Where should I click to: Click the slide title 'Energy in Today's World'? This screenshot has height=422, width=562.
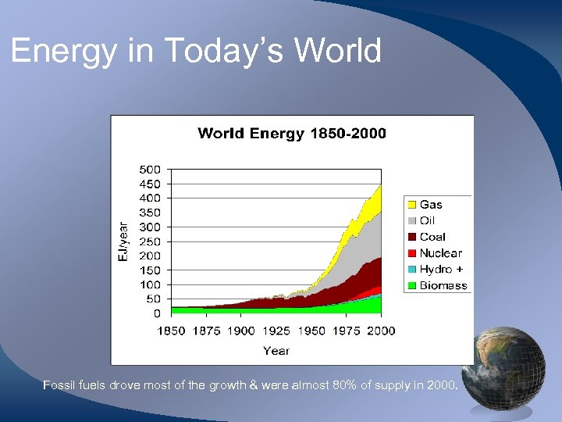click(196, 52)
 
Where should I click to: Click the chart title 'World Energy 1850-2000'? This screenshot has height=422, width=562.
click(292, 134)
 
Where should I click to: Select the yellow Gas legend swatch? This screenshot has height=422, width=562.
click(411, 205)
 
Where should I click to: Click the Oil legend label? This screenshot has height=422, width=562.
click(427, 221)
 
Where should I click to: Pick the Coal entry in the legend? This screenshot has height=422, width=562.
click(432, 237)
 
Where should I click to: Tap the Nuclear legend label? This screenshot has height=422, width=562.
click(440, 253)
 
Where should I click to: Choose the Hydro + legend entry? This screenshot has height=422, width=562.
click(441, 269)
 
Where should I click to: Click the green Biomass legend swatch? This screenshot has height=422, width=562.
click(411, 285)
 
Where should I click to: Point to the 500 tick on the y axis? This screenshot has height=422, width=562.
click(150, 170)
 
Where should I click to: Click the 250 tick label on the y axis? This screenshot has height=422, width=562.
click(150, 241)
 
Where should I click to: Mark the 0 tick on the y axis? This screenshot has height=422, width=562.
click(156, 313)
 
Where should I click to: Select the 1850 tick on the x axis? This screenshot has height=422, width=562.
click(171, 331)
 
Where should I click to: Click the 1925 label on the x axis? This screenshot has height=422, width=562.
click(276, 331)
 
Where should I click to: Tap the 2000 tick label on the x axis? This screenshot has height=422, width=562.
click(380, 331)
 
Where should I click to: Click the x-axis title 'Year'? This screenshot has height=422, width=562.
click(276, 351)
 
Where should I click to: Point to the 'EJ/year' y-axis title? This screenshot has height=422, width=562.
click(123, 241)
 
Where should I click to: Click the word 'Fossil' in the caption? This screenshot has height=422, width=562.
click(59, 385)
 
